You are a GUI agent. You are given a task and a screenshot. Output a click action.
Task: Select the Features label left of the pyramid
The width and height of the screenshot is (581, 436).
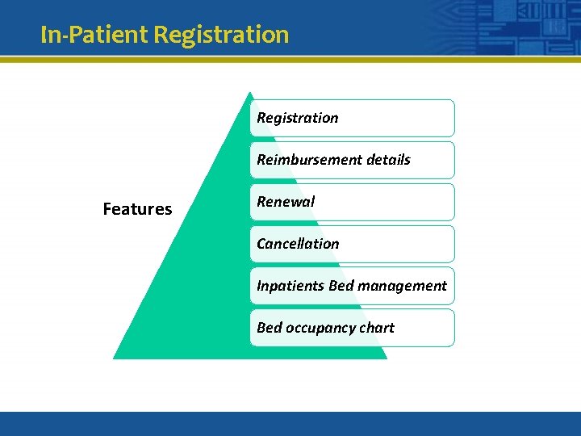tap(137, 209)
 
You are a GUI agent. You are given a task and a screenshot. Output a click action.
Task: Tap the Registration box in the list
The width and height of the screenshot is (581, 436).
tap(352, 118)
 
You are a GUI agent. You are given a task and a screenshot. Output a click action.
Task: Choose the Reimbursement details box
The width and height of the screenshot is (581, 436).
tap(352, 160)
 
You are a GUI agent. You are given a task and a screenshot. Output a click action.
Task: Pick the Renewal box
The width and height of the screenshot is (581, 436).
tap(352, 202)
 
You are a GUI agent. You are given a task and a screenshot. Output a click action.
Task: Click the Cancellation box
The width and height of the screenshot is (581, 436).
tap(352, 244)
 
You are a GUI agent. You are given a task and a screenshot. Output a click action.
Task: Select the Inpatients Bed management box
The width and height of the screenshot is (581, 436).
tap(352, 286)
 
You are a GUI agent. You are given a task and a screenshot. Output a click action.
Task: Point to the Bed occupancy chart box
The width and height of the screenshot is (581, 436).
tap(352, 328)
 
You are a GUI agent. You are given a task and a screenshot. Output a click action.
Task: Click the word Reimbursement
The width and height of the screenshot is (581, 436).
tap(298, 160)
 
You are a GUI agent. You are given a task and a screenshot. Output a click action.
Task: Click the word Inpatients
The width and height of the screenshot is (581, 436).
tap(290, 286)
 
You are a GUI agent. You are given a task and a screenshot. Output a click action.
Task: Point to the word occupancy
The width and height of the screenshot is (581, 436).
tap(319, 328)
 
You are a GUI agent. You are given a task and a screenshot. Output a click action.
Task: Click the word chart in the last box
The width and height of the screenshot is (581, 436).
tap(377, 328)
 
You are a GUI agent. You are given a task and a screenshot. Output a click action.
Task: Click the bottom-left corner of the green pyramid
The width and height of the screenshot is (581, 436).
tap(114, 358)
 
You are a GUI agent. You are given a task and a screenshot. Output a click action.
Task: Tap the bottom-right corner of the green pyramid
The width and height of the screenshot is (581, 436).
tap(386, 358)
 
